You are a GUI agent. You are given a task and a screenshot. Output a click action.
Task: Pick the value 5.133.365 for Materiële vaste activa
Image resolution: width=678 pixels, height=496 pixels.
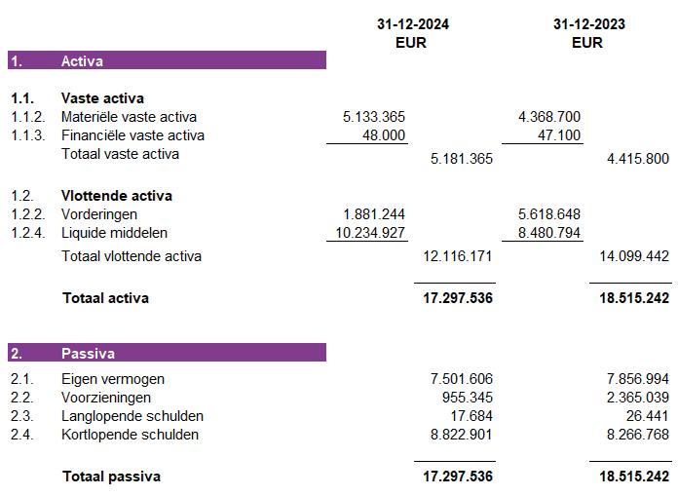coord(374,117)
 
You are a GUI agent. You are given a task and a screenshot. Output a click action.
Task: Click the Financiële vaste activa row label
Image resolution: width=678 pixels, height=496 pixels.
coord(132,135)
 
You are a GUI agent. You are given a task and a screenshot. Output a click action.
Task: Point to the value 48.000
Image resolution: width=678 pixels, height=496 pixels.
coord(384,135)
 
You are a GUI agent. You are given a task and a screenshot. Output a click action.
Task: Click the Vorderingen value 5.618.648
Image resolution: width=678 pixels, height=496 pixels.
coord(549,214)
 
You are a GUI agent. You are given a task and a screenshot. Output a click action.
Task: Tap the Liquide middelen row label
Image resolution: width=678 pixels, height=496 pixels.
coord(114,233)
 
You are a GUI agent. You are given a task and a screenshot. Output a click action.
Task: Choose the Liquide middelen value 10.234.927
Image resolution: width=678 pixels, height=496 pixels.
coord(370,233)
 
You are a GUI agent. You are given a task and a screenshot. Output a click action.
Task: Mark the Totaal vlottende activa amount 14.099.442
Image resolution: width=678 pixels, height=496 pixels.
coord(632,256)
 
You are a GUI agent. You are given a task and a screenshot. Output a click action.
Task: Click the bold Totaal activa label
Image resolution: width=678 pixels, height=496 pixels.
coord(105,298)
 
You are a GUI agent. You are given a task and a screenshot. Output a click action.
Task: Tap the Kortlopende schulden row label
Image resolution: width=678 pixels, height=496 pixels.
coord(130,435)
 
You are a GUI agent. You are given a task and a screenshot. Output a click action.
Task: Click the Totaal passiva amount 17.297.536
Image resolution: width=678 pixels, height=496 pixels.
coord(457,477)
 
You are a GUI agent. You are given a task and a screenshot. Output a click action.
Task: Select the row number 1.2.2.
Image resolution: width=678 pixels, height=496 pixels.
coord(27,214)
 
